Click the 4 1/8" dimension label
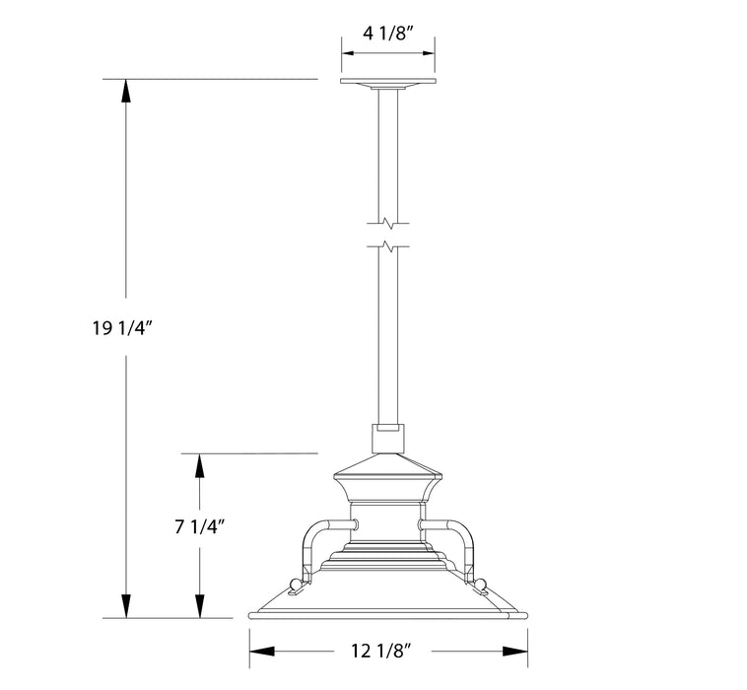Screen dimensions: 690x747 point(388,32)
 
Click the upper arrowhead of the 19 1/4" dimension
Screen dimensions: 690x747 point(125,90)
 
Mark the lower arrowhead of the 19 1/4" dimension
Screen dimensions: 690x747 point(125,606)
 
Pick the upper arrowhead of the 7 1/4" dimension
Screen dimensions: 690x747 point(200,464)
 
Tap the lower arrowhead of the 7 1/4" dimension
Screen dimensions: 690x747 point(200,606)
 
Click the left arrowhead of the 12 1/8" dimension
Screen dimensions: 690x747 point(260,651)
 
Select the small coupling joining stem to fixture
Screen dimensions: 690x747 point(388,438)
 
